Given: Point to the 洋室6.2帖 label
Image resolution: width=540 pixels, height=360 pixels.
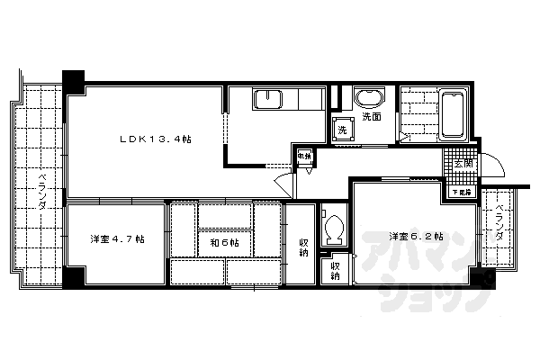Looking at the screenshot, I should point(416,237).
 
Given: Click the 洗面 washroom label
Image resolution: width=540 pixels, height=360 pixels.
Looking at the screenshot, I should point(372,117).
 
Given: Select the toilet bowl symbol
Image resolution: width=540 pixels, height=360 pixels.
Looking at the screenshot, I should point(334,227).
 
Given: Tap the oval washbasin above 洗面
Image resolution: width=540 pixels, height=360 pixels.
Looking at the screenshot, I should point(369,97).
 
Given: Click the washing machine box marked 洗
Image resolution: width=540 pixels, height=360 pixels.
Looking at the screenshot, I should point(343,130).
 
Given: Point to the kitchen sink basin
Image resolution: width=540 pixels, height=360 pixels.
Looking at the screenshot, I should point(269,99).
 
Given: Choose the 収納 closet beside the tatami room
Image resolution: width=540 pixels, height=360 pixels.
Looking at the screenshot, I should point(304,247).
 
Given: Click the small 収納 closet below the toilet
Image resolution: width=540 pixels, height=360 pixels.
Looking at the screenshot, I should point(335,269).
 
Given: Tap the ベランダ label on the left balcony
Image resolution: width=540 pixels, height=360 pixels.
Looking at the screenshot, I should point(40,188).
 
